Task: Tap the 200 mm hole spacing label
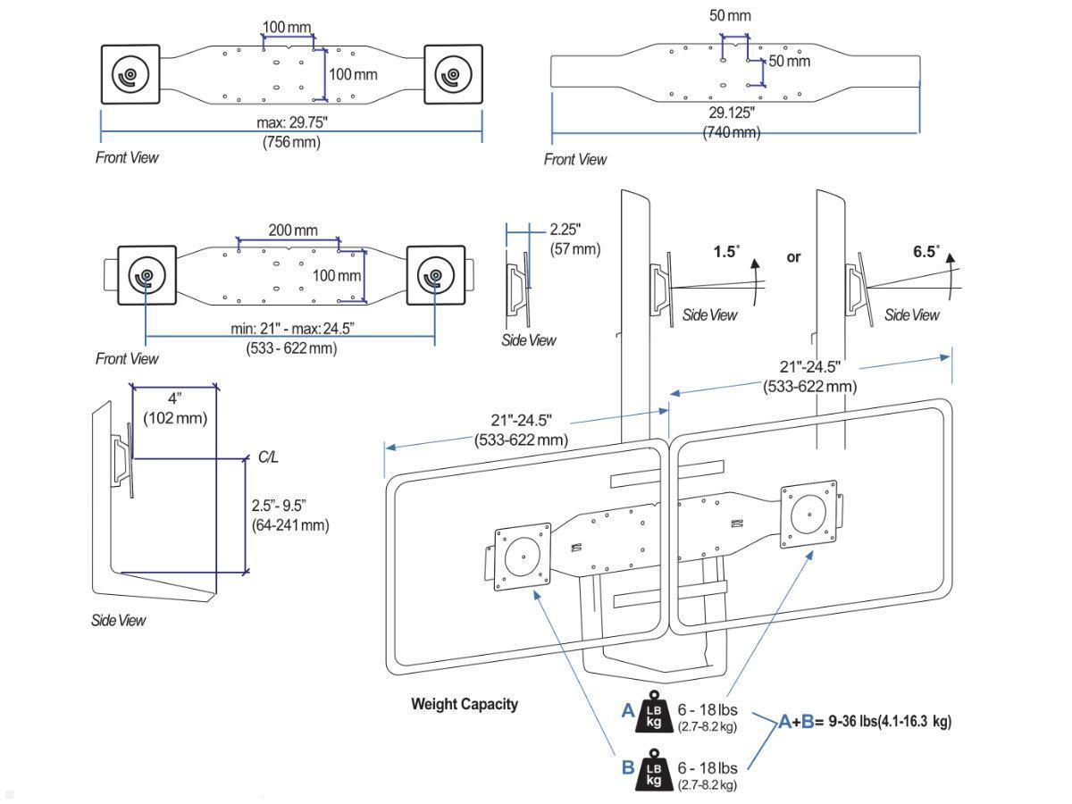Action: (x=292, y=230)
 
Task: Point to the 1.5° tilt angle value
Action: (x=726, y=252)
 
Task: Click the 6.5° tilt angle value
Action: (x=926, y=252)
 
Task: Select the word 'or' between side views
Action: (x=793, y=256)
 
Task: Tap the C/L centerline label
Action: (x=268, y=456)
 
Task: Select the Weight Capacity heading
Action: (x=464, y=704)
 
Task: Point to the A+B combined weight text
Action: (x=864, y=722)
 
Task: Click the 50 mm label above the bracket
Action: (x=730, y=16)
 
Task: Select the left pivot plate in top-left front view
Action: (x=130, y=75)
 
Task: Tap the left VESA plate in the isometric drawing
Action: (x=521, y=558)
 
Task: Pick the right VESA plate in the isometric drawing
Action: (x=808, y=516)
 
